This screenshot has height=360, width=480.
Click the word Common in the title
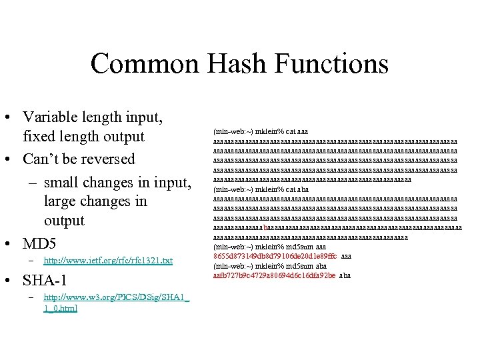(x=144, y=64)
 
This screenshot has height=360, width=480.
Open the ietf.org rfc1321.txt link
(x=107, y=261)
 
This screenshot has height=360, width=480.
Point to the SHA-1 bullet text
(x=47, y=279)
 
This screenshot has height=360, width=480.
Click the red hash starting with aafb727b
(x=274, y=275)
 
